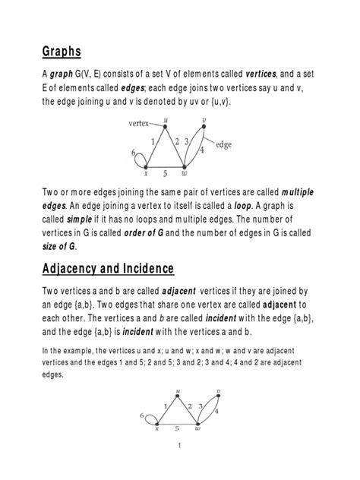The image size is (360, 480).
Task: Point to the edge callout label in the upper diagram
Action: point(226,144)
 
